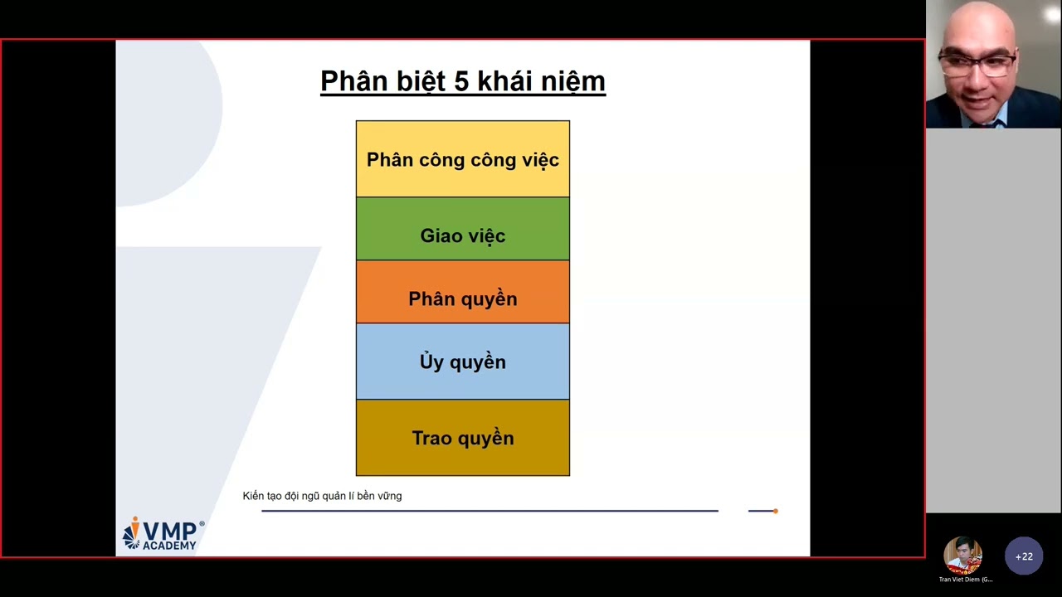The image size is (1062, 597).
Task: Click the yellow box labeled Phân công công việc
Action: [462, 159]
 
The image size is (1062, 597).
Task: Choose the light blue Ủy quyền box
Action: [462, 362]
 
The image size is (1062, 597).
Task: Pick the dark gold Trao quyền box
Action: [462, 438]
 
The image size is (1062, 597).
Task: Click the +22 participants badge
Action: [1024, 556]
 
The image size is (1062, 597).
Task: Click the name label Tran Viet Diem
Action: [965, 580]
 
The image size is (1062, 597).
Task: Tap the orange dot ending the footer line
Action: [775, 511]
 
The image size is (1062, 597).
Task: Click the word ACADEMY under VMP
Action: [169, 545]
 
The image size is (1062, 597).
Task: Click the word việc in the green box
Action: [485, 236]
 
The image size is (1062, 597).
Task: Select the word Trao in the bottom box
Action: [431, 438]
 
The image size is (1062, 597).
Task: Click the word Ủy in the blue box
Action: [431, 362]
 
